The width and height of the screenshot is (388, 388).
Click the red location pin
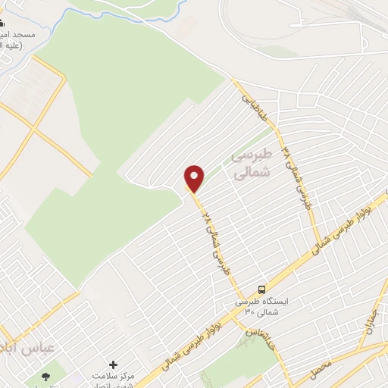click(x=195, y=178)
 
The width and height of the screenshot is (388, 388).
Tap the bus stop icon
click(x=261, y=289)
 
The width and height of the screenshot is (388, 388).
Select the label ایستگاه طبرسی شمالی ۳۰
click(x=261, y=305)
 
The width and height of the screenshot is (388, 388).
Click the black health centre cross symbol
click(x=114, y=365)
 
